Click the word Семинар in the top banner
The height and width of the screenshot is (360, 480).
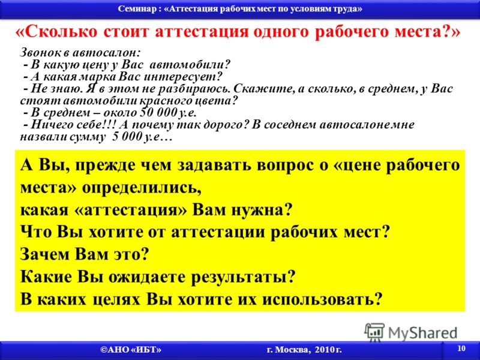click(x=137, y=8)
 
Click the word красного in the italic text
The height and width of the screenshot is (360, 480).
click(x=164, y=101)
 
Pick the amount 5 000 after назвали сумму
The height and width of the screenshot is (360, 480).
click(x=126, y=137)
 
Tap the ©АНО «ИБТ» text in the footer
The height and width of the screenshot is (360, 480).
click(x=131, y=350)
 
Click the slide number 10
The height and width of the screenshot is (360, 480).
click(x=461, y=349)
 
